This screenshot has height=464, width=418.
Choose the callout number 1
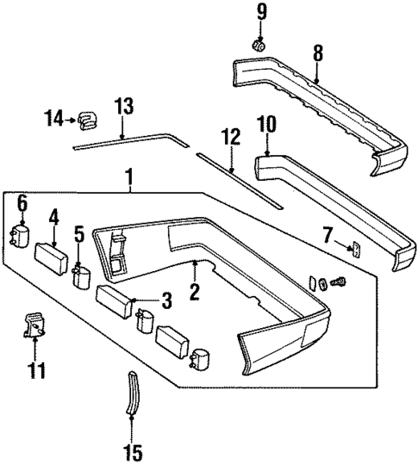(130, 178)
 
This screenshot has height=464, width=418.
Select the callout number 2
(195, 293)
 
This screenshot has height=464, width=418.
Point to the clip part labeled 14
(88, 120)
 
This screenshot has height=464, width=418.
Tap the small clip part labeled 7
(354, 249)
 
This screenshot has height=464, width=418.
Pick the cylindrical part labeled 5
(83, 276)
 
